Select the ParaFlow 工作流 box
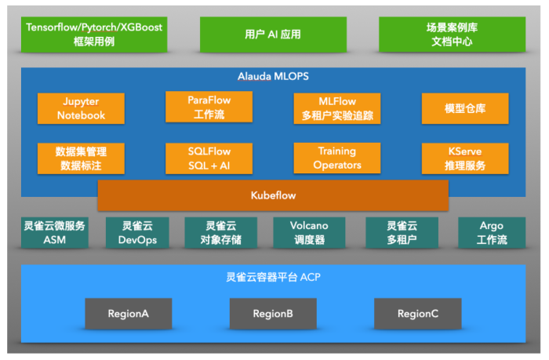pos(209,107)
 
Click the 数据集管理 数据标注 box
pos(81,158)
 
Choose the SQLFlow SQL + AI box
pos(209,158)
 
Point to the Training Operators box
pos(336,158)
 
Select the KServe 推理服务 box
pos(464,158)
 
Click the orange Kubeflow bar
pos(272,195)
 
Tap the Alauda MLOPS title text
pos(273,77)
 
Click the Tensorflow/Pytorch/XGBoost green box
pos(95,35)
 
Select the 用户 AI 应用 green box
pos(273,35)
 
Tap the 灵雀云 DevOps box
pos(138,233)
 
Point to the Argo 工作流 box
pos(492,233)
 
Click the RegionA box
pos(129,314)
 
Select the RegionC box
pos(417,314)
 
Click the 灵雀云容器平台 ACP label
pos(273,278)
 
